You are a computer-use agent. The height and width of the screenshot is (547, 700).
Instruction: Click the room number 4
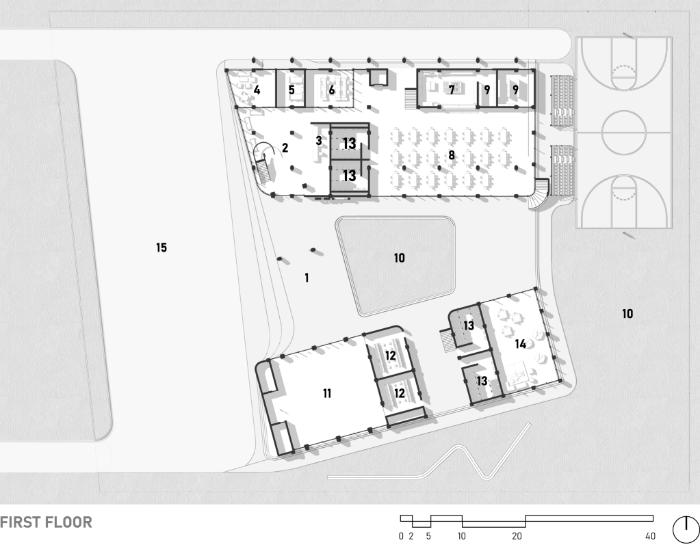tap(257, 90)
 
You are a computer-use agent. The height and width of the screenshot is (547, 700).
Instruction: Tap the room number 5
tap(291, 90)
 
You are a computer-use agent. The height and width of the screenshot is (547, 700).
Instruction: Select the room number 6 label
tap(332, 90)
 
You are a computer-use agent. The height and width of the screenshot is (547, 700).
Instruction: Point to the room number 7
tap(452, 90)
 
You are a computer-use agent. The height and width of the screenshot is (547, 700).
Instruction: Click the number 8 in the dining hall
tap(452, 155)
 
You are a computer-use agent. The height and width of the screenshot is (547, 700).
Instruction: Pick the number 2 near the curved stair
tap(285, 148)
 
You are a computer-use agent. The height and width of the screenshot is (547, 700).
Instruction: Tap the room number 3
tap(318, 141)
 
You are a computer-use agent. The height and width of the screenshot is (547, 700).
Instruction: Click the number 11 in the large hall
tap(327, 394)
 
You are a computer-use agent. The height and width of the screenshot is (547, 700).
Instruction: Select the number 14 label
tap(521, 344)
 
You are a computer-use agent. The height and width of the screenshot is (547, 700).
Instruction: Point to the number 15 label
tap(161, 248)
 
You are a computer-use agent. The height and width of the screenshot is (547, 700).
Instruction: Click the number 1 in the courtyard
tap(307, 278)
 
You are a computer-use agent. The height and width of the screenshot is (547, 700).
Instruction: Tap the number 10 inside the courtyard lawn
tap(400, 258)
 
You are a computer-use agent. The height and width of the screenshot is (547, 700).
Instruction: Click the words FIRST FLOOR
tap(46, 522)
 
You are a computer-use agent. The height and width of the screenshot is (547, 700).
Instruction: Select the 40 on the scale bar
tap(651, 536)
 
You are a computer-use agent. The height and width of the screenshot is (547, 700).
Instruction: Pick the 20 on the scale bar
tap(517, 536)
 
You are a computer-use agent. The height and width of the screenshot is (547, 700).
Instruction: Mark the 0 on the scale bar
tap(401, 536)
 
